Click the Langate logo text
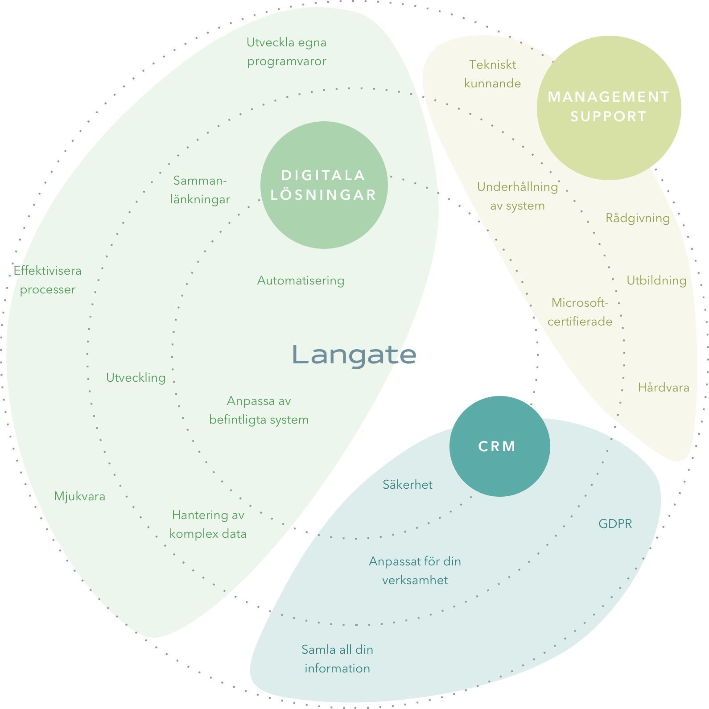354,355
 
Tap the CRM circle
499,446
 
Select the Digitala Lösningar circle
324,185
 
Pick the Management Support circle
609,107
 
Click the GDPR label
615,524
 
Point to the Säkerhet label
407,485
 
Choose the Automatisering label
301,280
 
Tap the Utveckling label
136,378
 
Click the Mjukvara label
79,496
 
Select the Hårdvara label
663,387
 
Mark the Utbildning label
656,280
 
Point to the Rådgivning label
637,218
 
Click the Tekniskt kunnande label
492,74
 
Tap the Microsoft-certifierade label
580,312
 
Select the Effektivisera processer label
47,280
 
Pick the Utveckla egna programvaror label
286,52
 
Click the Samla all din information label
337,659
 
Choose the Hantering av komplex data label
208,524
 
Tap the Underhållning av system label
517,196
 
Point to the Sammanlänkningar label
200,190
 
